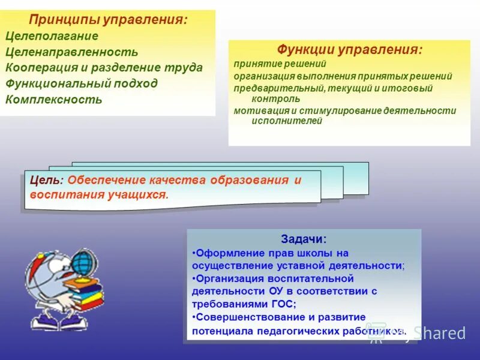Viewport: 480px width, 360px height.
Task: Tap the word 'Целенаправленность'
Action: (x=71, y=52)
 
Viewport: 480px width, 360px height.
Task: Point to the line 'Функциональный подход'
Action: (x=82, y=83)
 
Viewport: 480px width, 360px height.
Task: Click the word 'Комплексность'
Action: (x=54, y=99)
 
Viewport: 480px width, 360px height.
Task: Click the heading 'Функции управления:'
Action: (x=349, y=50)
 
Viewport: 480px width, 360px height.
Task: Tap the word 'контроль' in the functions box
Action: (x=276, y=98)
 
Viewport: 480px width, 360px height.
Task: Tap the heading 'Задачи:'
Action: (x=304, y=239)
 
